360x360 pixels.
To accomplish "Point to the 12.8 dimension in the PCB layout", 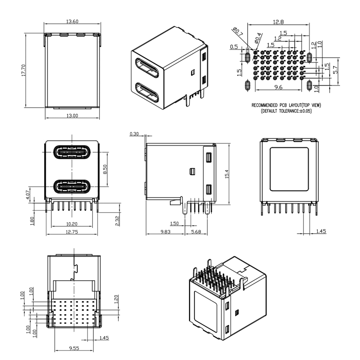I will [x=278, y=22].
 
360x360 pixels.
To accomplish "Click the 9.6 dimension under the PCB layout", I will [x=278, y=87].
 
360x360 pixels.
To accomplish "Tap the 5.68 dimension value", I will [x=196, y=232].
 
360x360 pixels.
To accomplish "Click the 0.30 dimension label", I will [x=134, y=134].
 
